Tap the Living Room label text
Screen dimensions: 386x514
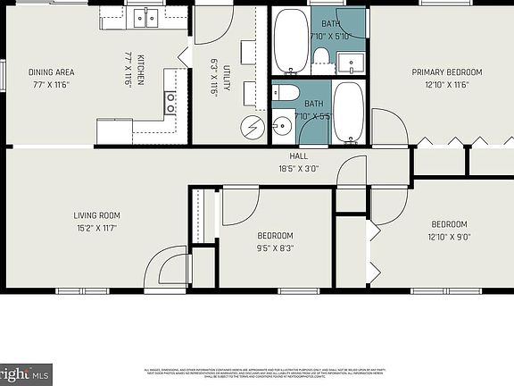click(x=96, y=215)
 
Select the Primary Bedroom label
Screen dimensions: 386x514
click(x=446, y=72)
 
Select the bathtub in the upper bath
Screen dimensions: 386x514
click(x=290, y=40)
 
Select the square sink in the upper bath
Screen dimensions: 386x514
click(x=352, y=63)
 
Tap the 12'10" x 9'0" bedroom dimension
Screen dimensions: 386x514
click(x=449, y=237)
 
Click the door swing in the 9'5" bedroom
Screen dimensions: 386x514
click(x=239, y=206)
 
